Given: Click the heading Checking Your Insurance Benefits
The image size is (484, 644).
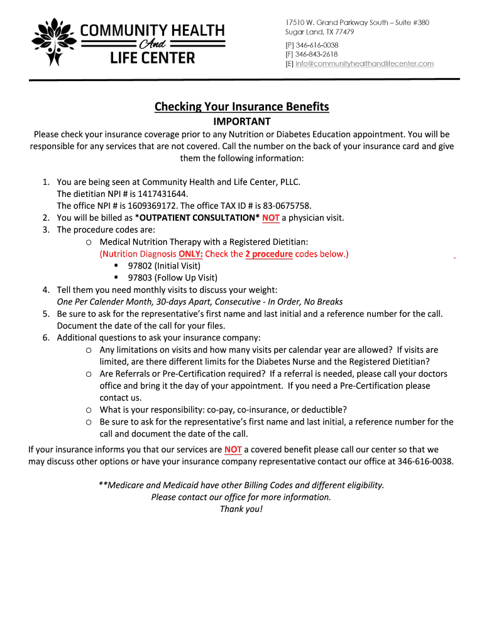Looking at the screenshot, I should click(242, 107).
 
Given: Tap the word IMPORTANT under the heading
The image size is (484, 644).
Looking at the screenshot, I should click(242, 121).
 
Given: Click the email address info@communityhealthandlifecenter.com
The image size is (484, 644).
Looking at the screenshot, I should click(365, 64).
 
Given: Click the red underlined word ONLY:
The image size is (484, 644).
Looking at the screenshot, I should click(190, 254).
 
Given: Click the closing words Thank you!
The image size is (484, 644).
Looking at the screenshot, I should click(241, 509).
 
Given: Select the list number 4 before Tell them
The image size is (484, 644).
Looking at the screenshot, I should click(46, 289).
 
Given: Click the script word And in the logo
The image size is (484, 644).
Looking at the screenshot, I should click(149, 45).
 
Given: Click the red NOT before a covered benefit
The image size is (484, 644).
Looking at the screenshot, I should click(233, 450).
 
